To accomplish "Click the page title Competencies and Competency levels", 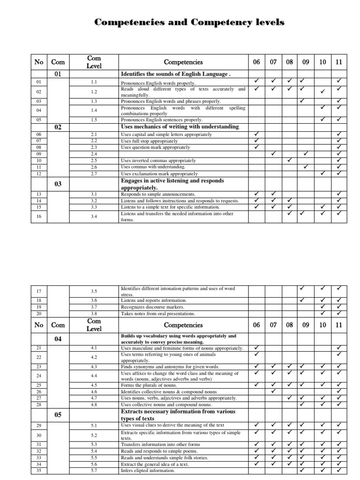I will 189,22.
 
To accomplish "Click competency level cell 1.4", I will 94,110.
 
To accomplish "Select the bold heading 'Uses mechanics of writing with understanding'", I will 180,127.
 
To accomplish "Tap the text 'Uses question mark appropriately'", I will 156,147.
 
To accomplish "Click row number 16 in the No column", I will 39,217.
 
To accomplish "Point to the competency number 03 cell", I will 58,184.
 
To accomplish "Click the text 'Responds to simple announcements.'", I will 158,194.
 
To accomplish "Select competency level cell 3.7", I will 94,307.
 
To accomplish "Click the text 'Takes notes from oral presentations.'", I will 158,314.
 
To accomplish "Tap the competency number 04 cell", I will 58,339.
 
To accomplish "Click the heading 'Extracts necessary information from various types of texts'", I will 178,415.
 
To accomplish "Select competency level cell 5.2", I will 94,435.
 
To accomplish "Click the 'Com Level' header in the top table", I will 94,62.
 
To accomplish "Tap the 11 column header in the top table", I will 338,62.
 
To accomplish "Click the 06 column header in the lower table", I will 256,325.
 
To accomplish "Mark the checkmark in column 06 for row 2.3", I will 256,147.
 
